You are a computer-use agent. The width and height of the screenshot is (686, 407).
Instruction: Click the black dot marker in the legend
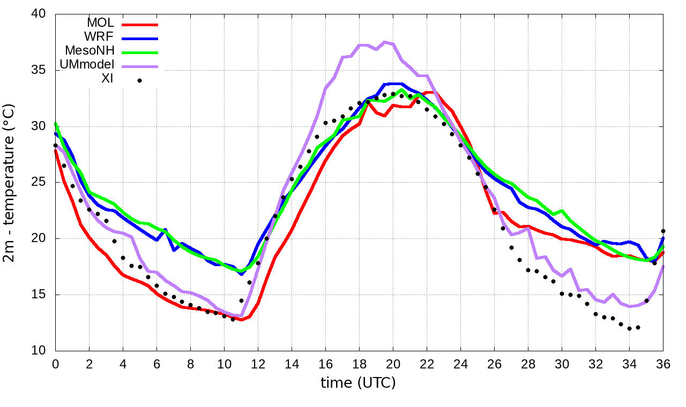pyautogui.click(x=139, y=80)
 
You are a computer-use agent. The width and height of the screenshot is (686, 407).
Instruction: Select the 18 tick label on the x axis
pyautogui.click(x=359, y=364)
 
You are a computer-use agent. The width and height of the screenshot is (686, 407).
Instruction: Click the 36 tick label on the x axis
pyautogui.click(x=663, y=364)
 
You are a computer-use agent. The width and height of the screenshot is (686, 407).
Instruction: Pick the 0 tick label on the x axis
pyautogui.click(x=55, y=364)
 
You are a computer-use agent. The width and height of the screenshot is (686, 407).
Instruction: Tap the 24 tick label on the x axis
pyautogui.click(x=460, y=364)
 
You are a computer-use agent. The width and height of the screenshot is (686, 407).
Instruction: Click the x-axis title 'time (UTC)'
pyautogui.click(x=358, y=383)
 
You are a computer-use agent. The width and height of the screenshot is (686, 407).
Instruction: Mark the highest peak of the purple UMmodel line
pyautogui.click(x=385, y=42)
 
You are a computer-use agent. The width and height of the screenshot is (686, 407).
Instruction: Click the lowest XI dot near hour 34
pyautogui.click(x=629, y=328)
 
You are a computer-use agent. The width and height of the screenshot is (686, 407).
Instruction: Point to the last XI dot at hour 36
pyautogui.click(x=663, y=231)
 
